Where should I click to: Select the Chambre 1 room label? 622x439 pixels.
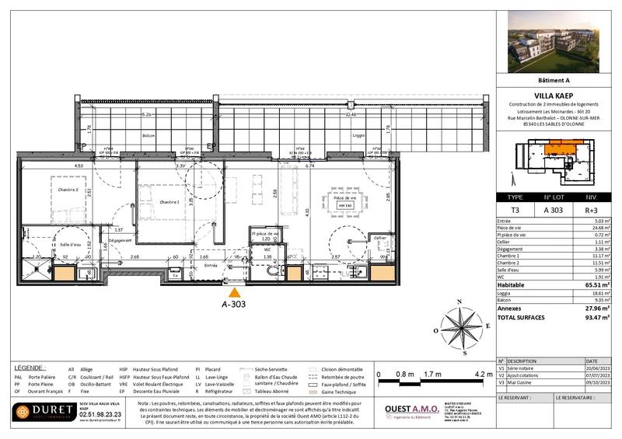click(169, 202)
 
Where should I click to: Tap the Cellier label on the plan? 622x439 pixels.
click(379, 237)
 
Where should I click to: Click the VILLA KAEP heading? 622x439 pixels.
click(555, 96)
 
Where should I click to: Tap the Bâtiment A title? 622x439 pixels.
click(554, 79)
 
